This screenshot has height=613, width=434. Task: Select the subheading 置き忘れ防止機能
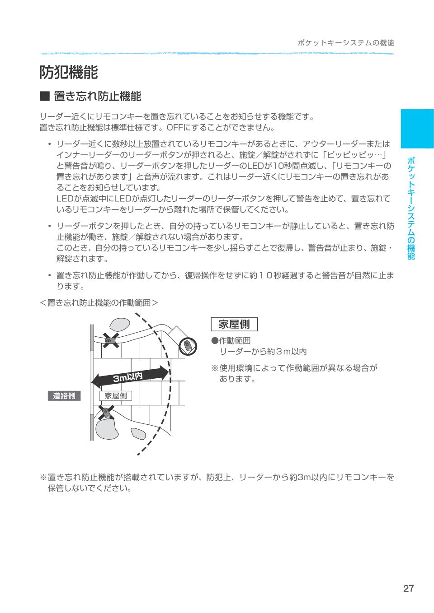(x=97, y=96)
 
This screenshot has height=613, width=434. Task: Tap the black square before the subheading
(x=44, y=96)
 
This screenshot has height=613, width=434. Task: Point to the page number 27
(x=408, y=589)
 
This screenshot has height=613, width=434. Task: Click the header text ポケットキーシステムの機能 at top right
(x=346, y=43)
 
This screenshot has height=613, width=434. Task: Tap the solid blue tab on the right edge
(x=416, y=129)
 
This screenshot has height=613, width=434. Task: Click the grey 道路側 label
(x=64, y=396)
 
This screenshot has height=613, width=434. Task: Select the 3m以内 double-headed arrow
(x=130, y=376)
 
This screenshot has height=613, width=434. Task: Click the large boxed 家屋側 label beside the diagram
(x=234, y=324)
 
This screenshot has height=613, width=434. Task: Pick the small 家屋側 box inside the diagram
(x=115, y=396)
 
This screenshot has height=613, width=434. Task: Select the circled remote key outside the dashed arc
(x=188, y=346)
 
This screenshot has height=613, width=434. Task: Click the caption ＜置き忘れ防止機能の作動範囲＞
(x=99, y=302)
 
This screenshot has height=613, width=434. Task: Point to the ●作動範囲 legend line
(x=231, y=341)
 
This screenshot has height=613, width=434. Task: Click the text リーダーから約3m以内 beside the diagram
(x=263, y=352)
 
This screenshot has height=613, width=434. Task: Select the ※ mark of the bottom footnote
(x=43, y=477)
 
